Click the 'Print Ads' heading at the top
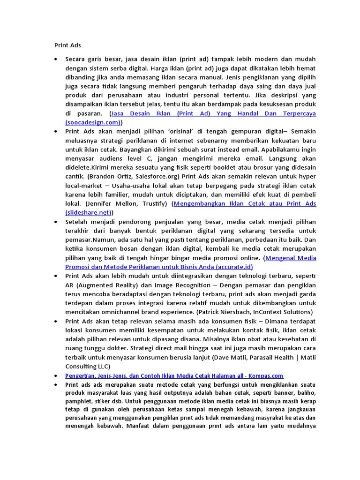(67, 45)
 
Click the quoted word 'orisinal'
(177, 131)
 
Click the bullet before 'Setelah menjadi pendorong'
(56, 222)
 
